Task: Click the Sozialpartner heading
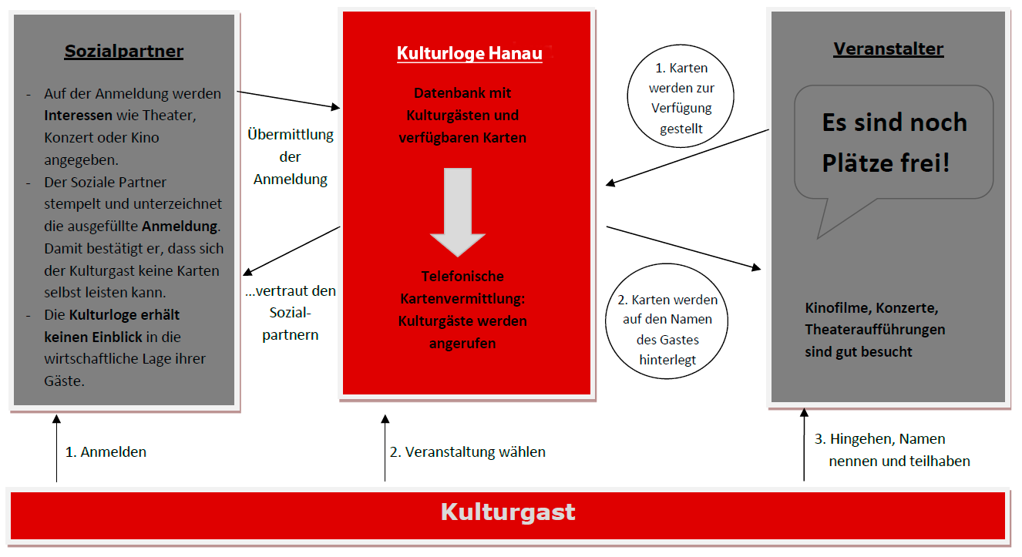(x=124, y=52)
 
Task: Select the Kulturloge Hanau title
(x=469, y=53)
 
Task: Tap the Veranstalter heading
(x=888, y=49)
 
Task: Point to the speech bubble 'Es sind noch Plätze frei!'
(x=893, y=143)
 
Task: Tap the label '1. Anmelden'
(x=106, y=452)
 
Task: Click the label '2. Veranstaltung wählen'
(x=467, y=452)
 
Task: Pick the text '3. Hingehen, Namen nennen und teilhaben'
(x=892, y=450)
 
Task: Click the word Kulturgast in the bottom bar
(x=508, y=512)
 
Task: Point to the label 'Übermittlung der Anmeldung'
(x=291, y=157)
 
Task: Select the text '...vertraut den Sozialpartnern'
(x=291, y=314)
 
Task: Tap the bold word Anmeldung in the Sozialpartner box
(x=180, y=226)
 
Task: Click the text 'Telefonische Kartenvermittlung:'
(x=462, y=287)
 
